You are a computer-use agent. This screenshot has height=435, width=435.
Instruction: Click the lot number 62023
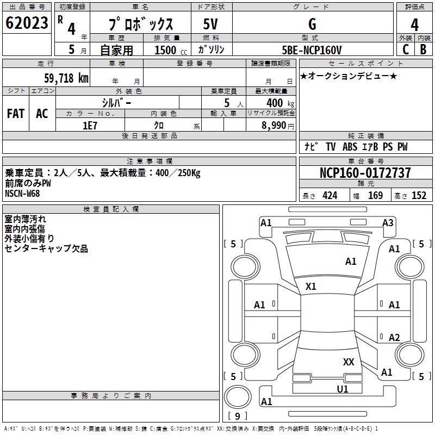coord(27,24)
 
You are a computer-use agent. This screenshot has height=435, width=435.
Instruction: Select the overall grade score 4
coord(414,25)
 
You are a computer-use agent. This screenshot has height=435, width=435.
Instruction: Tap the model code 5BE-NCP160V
coord(312,50)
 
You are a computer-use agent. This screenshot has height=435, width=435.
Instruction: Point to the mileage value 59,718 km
coord(66,78)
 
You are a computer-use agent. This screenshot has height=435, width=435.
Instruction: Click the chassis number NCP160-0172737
coord(365,173)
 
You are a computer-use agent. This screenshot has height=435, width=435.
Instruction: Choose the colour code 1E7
coord(90,125)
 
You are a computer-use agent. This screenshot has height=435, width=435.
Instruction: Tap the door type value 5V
coord(211,24)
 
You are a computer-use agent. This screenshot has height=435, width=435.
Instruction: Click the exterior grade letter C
coord(405,49)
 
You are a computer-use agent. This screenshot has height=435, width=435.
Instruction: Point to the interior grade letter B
coord(423,49)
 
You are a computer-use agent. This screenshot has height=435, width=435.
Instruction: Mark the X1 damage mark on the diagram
coord(311,286)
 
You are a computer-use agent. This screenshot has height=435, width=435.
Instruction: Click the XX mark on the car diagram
coord(349,362)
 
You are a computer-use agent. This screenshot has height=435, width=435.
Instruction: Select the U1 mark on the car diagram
coord(343,389)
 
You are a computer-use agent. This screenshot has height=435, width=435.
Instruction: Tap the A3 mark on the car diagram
coord(388,222)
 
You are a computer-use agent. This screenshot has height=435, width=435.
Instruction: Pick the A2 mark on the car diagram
coord(394,338)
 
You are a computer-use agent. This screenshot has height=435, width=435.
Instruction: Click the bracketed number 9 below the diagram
coord(238,416)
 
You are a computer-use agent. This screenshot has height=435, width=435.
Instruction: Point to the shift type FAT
coord(16,114)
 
